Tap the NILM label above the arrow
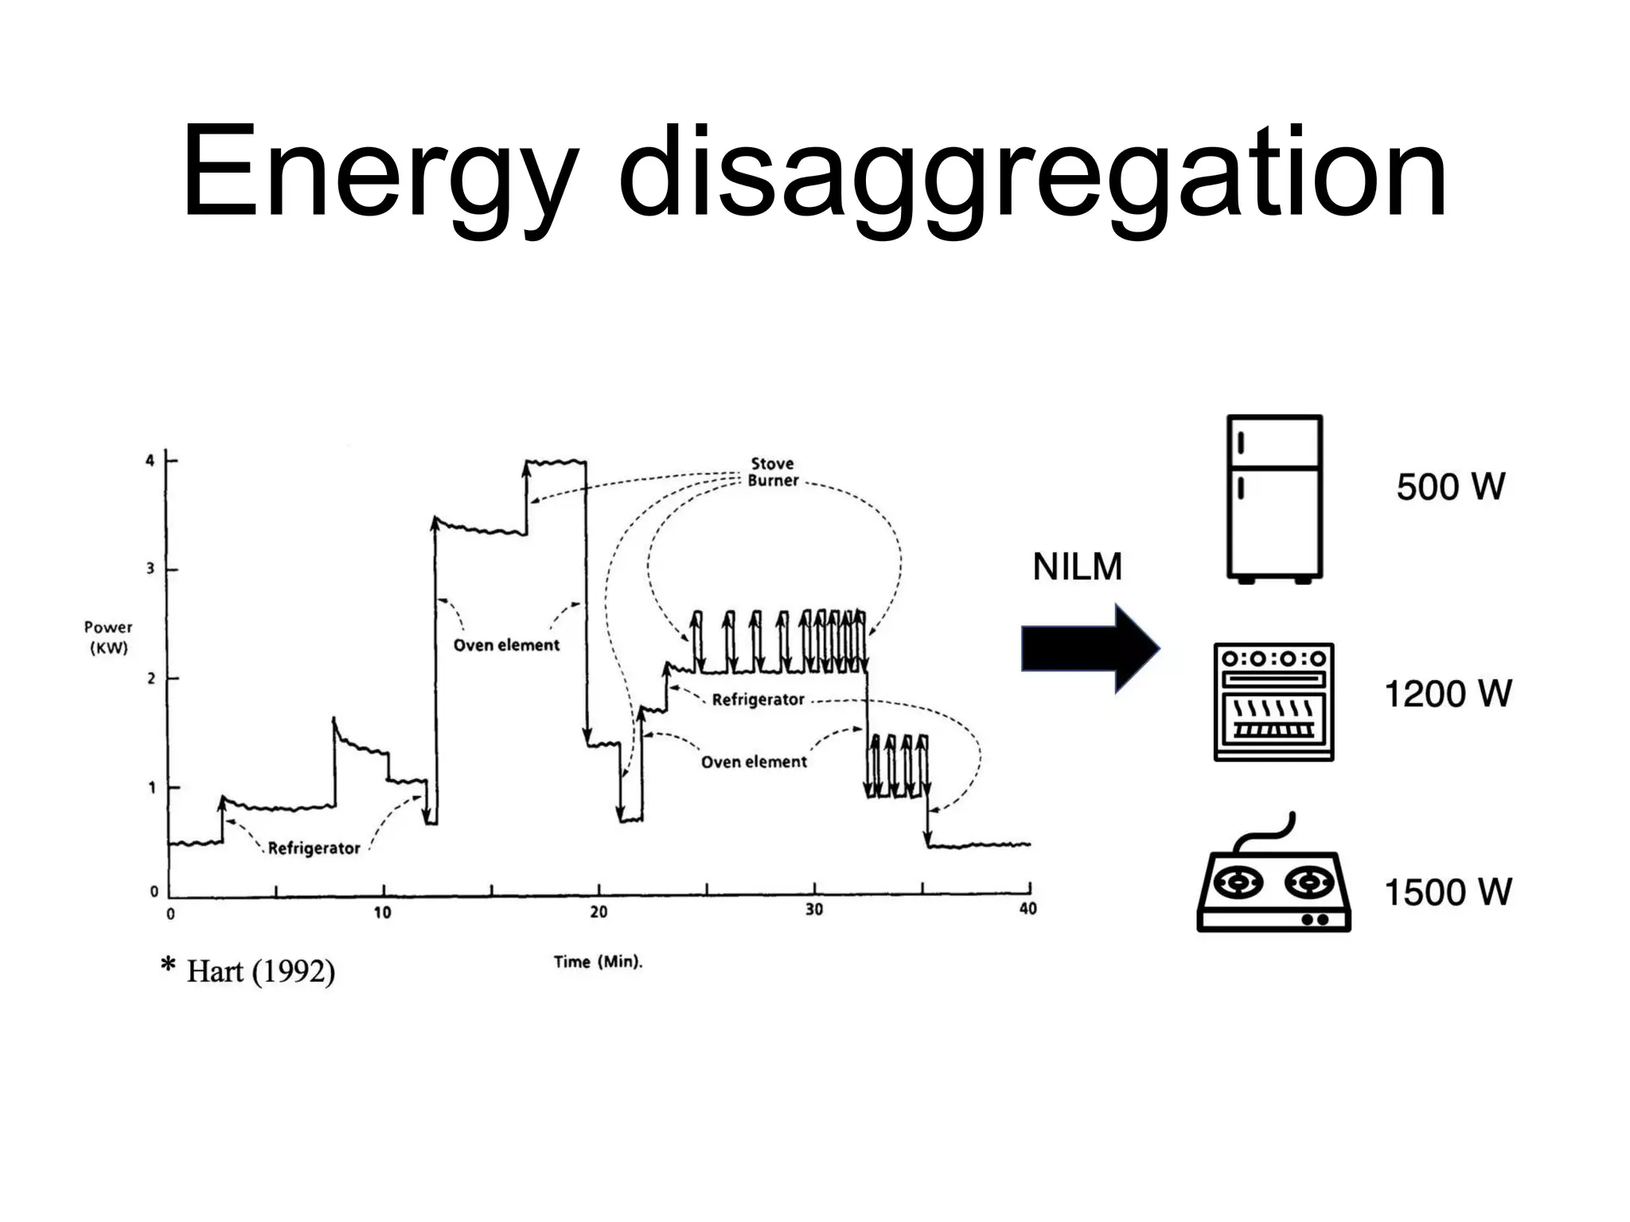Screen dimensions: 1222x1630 [x=1077, y=567]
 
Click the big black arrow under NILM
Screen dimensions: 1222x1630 [x=1090, y=648]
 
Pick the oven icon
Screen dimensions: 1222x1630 [x=1273, y=702]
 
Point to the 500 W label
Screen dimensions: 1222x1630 [x=1450, y=487]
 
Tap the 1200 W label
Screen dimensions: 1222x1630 [x=1448, y=694]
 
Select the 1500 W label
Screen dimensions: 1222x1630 [x=1448, y=892]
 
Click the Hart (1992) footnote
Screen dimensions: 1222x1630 [x=260, y=971]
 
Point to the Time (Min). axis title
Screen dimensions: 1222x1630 [x=598, y=962]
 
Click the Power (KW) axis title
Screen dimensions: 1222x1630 [x=108, y=637]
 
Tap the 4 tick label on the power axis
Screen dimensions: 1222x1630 [x=150, y=461]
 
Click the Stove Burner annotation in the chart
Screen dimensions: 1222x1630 [x=772, y=472]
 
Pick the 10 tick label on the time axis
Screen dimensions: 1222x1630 [x=382, y=913]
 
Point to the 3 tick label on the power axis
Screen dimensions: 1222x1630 [x=150, y=570]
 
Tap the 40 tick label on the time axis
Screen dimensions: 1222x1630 [x=1028, y=909]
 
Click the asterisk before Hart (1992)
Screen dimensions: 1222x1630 [x=168, y=966]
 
